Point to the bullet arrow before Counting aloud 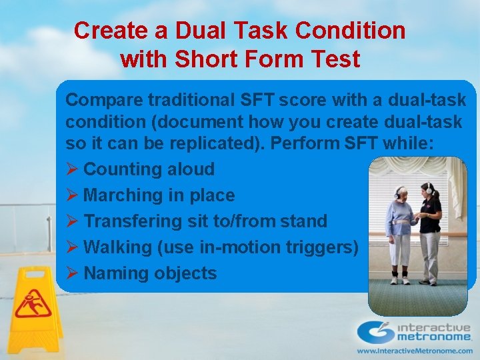pos(72,169)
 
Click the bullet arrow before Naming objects pos(72,273)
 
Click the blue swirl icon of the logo pos(375,332)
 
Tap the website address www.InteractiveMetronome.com pos(414,350)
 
